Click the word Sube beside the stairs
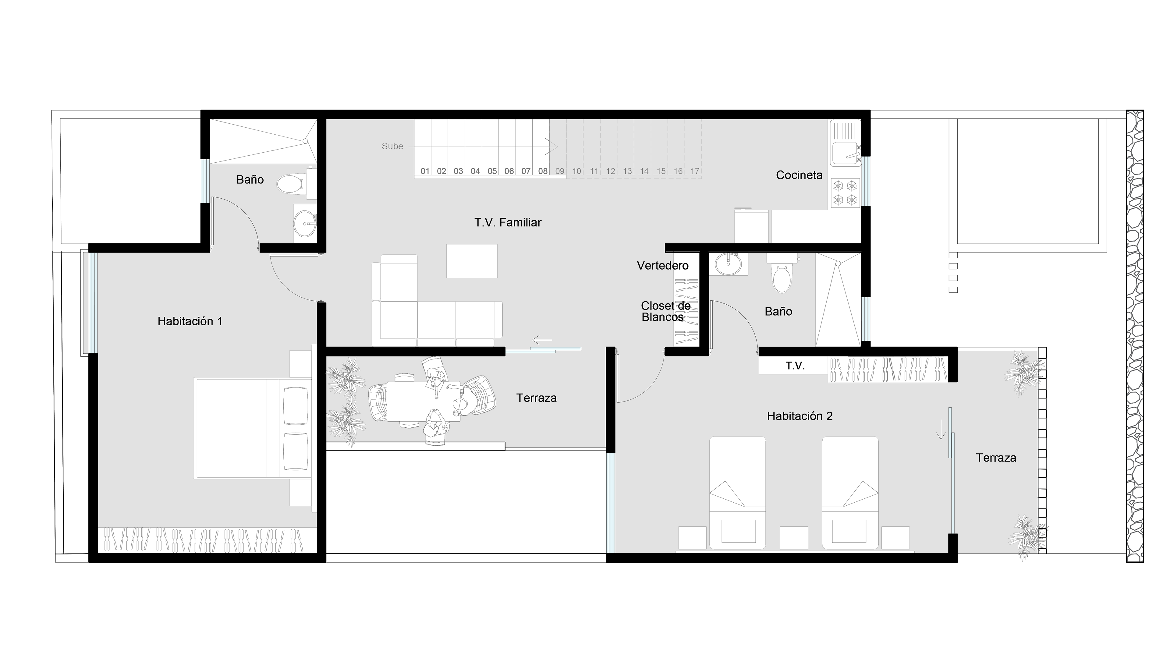[392, 146]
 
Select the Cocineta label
[799, 175]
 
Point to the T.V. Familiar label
[508, 222]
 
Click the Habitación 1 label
[190, 321]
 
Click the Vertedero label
[663, 266]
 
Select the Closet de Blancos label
[665, 312]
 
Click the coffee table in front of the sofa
[472, 261]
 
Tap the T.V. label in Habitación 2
[795, 366]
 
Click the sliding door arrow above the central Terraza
[542, 340]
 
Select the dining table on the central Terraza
[423, 401]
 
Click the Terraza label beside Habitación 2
[996, 458]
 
